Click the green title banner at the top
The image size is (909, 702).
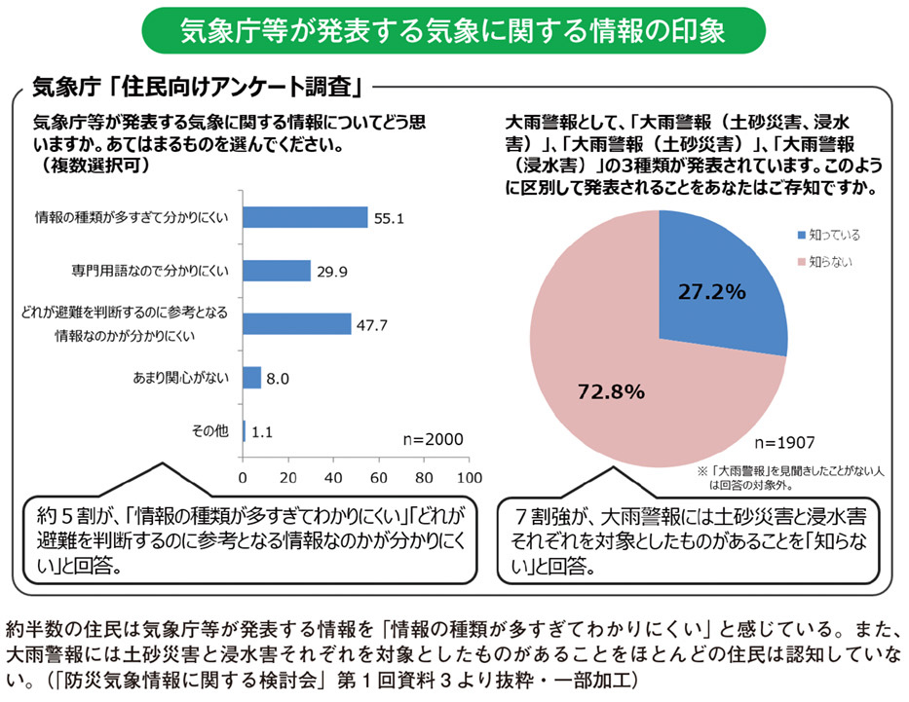tap(454, 31)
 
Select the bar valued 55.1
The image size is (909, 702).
tap(305, 217)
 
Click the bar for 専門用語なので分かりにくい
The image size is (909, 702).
tap(277, 271)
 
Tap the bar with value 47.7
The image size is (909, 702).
tap(296, 324)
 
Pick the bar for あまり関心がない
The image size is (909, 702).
tap(251, 377)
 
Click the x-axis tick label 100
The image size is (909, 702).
tap(469, 478)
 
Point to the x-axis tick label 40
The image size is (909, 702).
tap(333, 478)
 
